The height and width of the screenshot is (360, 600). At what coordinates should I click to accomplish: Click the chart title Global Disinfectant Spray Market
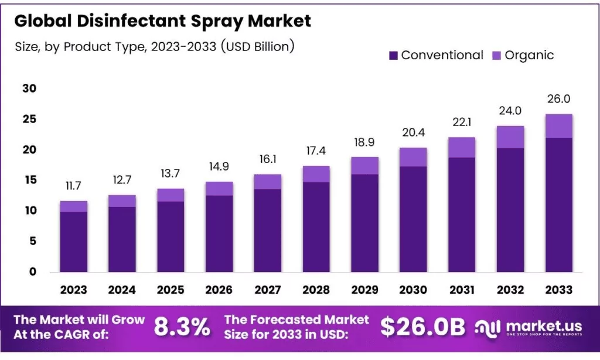162,22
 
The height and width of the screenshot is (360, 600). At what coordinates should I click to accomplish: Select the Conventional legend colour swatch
393,56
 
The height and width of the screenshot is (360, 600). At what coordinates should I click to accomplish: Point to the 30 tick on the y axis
29,89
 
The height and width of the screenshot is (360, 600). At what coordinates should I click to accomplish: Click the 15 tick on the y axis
29,180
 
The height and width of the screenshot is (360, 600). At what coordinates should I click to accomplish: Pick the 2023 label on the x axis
73,290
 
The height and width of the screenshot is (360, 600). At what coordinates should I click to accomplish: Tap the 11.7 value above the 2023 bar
73,186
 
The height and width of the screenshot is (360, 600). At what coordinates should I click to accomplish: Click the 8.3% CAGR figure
182,327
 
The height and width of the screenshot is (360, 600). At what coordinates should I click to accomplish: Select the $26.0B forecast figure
422,327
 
